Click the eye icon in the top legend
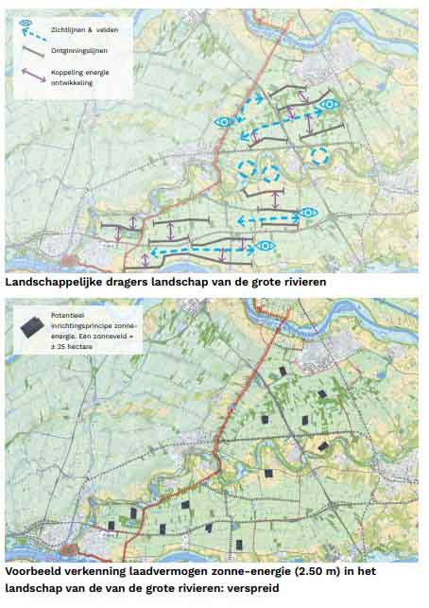(25, 22)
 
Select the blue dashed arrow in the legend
(34, 35)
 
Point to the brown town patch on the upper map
(69, 257)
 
